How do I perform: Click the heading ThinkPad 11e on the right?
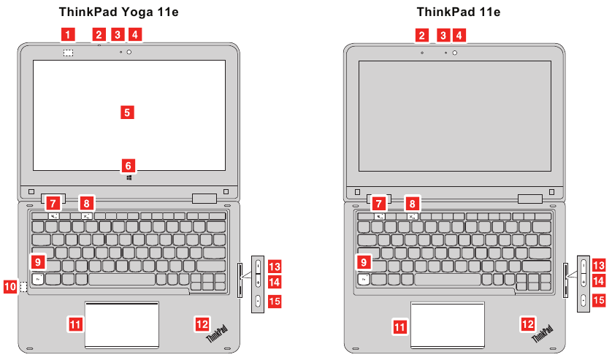[x=458, y=12]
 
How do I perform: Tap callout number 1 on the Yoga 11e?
[x=67, y=34]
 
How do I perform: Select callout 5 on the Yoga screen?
[x=127, y=112]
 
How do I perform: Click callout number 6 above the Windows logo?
[x=127, y=165]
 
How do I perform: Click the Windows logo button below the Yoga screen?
[x=129, y=177]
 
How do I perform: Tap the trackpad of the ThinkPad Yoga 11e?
[x=122, y=323]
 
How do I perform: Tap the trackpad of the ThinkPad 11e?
[x=447, y=323]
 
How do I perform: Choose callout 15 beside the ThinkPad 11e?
[x=598, y=299]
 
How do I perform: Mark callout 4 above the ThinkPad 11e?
[x=459, y=34]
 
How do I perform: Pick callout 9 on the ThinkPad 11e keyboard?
[x=364, y=261]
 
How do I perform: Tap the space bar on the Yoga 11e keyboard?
[x=123, y=280]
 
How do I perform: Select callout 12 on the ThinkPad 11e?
[x=527, y=322]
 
